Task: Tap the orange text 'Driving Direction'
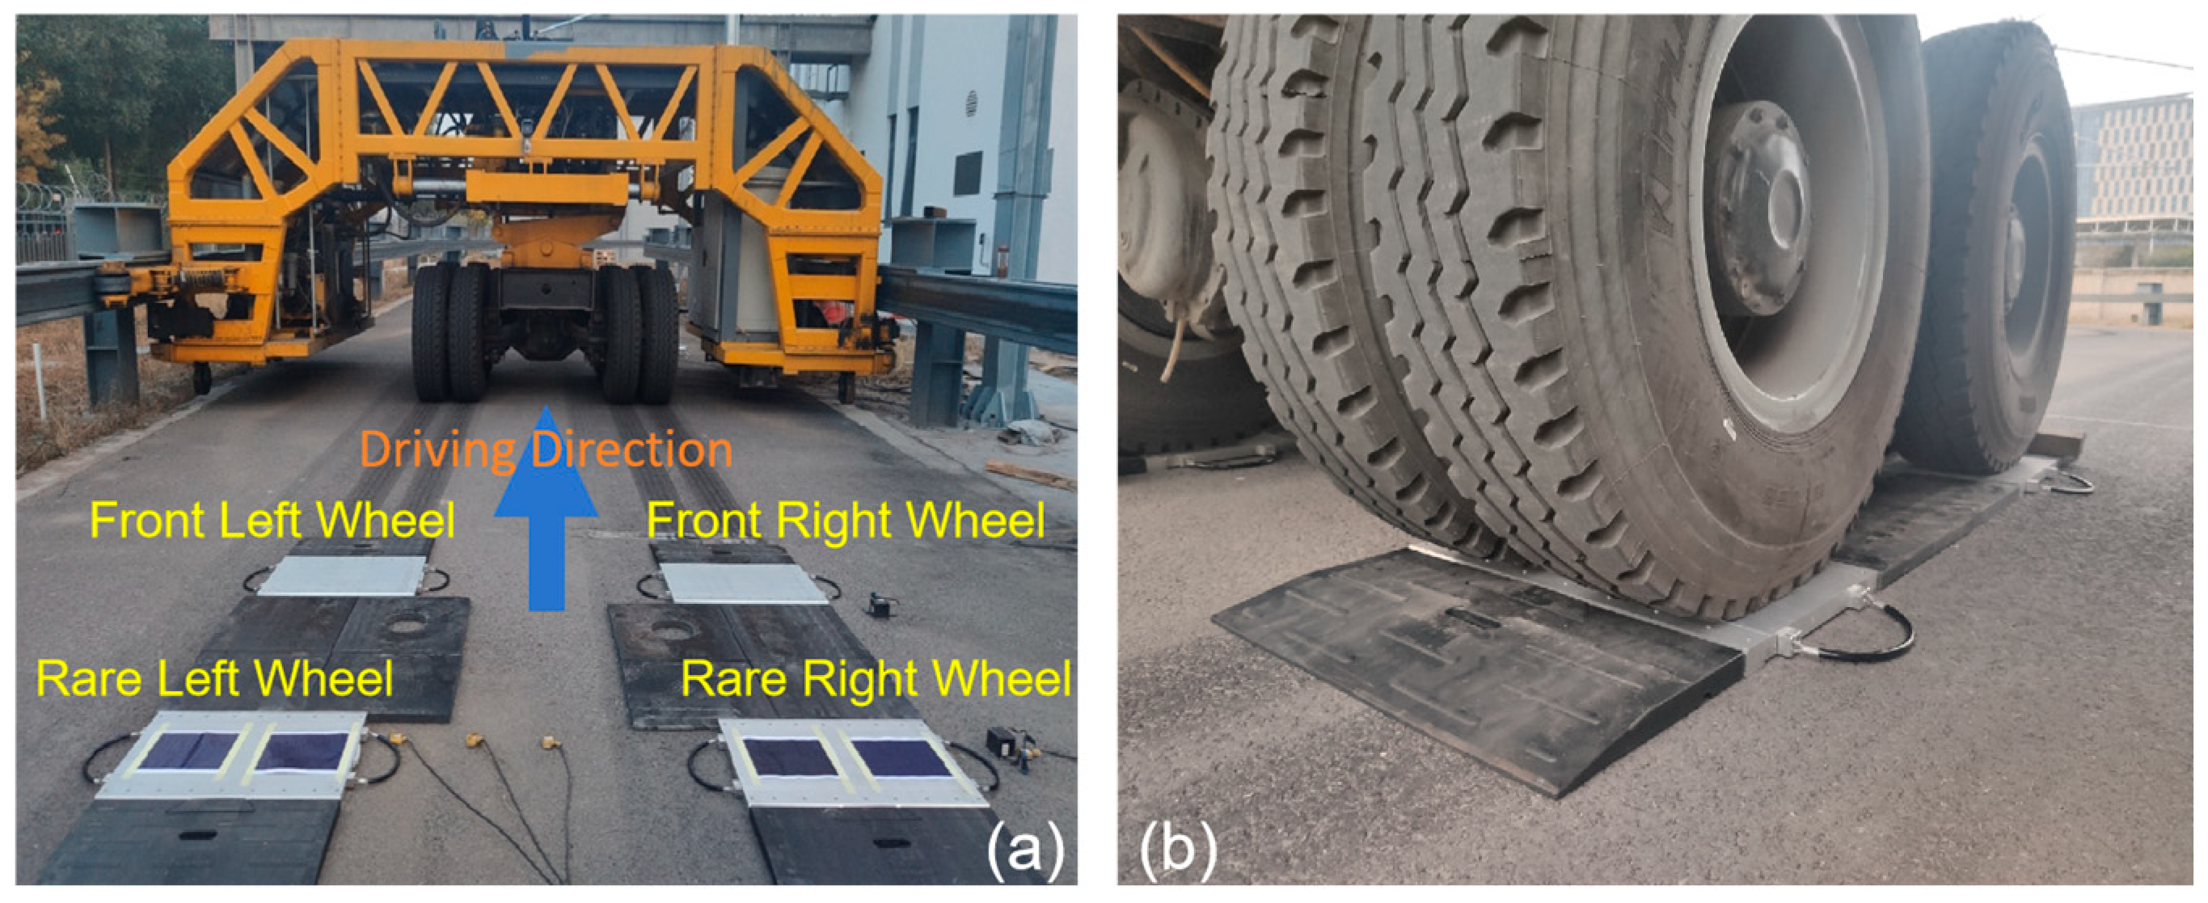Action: click(546, 449)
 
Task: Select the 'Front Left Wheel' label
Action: click(272, 519)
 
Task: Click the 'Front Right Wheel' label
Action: click(845, 519)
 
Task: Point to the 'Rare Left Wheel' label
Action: click(214, 678)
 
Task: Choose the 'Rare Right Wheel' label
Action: click(875, 678)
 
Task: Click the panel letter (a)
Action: click(1025, 850)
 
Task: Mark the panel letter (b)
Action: click(1179, 850)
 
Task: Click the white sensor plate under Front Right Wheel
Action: click(744, 584)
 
